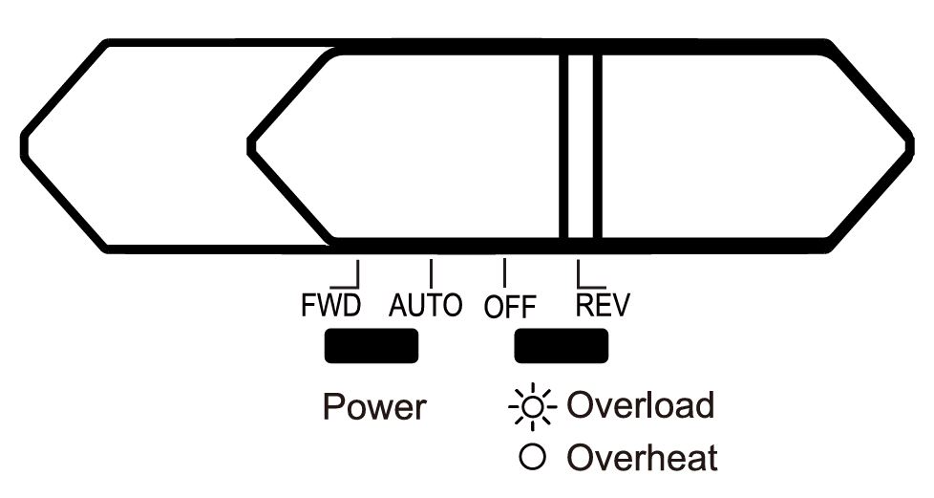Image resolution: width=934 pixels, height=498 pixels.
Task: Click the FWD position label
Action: coord(330,306)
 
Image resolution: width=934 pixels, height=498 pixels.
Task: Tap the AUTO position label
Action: coord(427,306)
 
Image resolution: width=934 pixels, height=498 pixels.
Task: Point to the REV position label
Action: coord(604,305)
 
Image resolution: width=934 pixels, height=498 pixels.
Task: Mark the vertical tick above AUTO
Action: coord(432,271)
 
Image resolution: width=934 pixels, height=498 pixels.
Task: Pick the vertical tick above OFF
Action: coord(504,271)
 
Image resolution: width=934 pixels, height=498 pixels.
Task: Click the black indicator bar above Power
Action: coord(371,345)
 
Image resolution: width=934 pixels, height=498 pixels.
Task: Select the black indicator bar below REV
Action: coord(562,345)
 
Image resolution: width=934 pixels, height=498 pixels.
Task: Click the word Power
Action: coord(374,407)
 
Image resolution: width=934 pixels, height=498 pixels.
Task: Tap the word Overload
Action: coord(641,405)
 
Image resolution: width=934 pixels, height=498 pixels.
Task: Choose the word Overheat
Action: coord(642,457)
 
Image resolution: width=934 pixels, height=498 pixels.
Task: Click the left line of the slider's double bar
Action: coord(565,146)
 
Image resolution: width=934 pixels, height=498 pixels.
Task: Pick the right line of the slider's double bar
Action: coord(597,146)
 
